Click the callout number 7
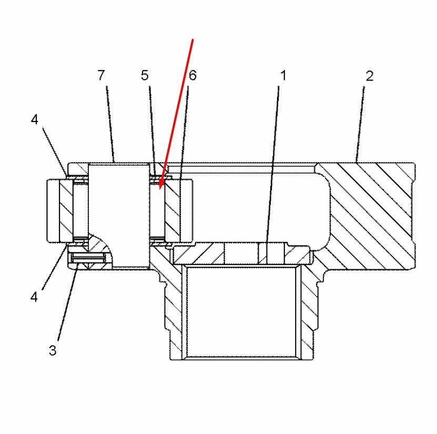point(101,75)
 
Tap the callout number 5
point(145,75)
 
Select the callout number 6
point(192,75)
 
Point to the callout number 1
point(283,76)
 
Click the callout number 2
point(369,76)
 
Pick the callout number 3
point(53,350)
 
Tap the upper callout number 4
point(34,119)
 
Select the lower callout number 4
point(34,297)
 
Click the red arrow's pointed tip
point(160,190)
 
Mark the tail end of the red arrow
point(192,39)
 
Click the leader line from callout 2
point(360,124)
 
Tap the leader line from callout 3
point(67,302)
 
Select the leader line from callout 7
point(110,124)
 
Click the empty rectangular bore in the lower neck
point(241,311)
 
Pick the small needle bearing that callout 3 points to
point(89,258)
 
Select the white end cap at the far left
point(53,210)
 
